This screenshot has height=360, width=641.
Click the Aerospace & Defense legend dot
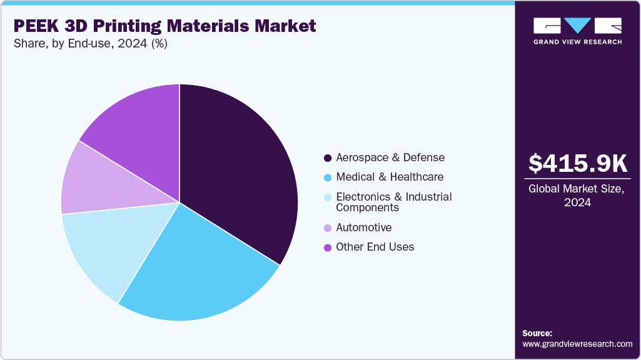(328, 158)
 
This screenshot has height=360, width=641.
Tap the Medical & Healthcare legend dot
(328, 177)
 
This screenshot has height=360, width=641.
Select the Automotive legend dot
(328, 228)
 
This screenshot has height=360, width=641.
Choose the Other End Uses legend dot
(328, 247)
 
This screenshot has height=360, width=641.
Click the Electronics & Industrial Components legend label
(393, 202)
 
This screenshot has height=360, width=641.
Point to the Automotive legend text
(363, 227)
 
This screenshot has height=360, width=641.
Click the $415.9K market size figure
(577, 164)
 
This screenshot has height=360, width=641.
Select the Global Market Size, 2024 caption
(577, 196)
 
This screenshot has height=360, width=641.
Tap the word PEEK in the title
(35, 26)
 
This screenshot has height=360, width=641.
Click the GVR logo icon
(577, 26)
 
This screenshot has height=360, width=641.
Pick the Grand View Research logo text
(577, 42)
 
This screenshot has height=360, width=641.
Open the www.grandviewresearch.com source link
(577, 344)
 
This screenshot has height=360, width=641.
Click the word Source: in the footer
(537, 333)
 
